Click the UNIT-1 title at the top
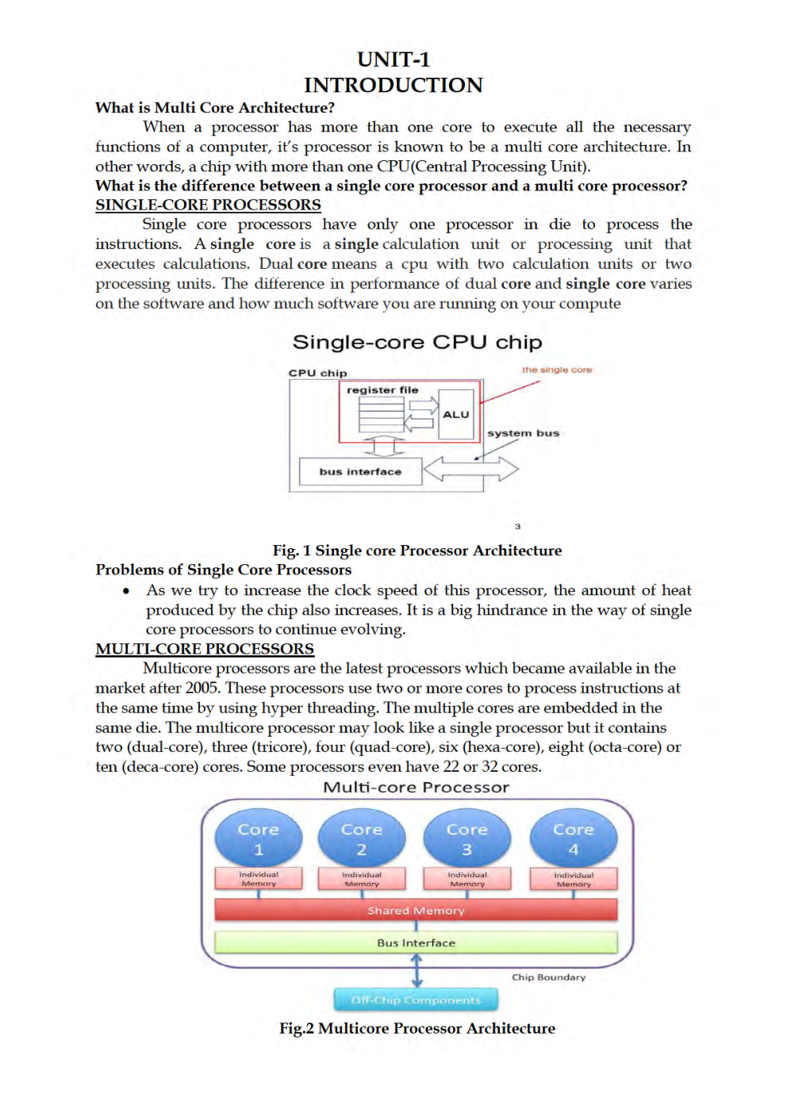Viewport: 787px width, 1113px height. pos(393,59)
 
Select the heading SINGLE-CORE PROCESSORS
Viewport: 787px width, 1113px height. pos(208,205)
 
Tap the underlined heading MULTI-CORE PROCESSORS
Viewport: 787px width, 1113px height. pos(205,649)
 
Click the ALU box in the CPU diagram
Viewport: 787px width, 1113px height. pos(456,414)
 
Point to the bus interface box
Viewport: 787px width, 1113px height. pos(360,471)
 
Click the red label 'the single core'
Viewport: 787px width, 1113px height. pos(556,370)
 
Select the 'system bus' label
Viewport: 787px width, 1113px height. pos(523,433)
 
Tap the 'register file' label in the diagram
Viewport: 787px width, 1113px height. pos(382,390)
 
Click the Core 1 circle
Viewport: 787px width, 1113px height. pos(259,838)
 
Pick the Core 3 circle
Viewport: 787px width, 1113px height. pos(466,838)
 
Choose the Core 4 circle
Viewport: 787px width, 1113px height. pos(573,838)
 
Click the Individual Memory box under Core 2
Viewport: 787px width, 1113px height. pos(362,879)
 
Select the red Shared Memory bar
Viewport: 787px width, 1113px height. pos(416,910)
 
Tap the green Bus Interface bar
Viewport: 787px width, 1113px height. pos(416,942)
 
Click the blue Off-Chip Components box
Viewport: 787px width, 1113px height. pos(416,1000)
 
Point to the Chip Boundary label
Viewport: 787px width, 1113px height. pos(548,977)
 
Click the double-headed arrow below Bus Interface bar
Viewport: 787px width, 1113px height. pos(417,970)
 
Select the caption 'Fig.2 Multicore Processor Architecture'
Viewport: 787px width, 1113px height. pos(417,1028)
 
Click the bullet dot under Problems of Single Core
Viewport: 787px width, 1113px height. pos(126,591)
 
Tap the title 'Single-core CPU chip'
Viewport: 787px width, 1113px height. pos(417,342)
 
